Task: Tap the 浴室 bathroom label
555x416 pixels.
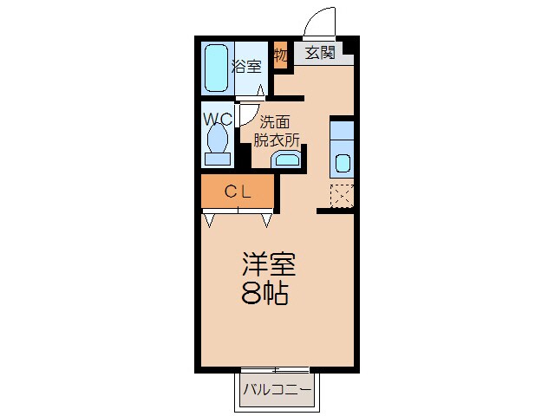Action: [x=245, y=65]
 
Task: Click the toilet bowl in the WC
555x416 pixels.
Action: [x=217, y=138]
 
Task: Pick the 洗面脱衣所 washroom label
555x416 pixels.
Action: [x=277, y=130]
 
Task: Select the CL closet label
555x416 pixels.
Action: [x=238, y=192]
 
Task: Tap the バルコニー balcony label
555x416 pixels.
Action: [x=277, y=389]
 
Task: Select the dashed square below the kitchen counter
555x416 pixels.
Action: [x=342, y=196]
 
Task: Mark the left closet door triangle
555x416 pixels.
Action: [x=210, y=220]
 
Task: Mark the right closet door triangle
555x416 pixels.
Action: [x=267, y=220]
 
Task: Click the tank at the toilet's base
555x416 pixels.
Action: [x=217, y=159]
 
